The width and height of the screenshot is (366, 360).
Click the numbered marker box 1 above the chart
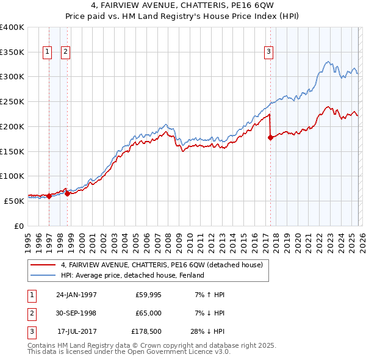pos(48,52)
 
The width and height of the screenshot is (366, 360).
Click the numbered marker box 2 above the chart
pos(65,52)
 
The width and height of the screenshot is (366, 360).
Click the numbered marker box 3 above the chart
pos(268,52)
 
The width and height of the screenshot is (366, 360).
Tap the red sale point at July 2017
pos(270,137)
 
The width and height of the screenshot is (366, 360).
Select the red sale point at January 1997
pos(49,196)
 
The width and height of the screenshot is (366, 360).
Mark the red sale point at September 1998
pos(67,193)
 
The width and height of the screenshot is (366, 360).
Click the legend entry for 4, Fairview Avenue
pos(161,265)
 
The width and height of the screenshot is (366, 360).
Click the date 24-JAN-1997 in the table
pos(76,295)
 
